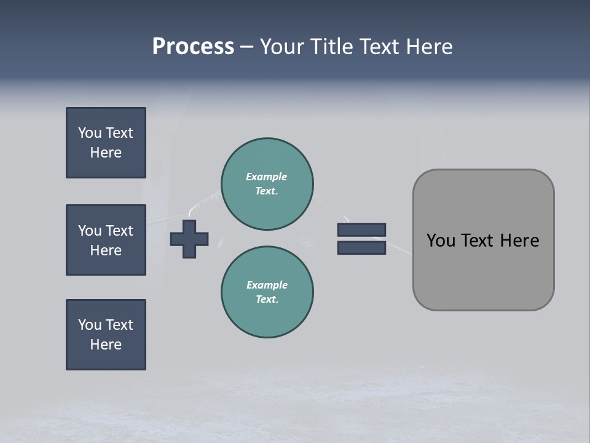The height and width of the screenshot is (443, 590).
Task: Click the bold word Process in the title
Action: (x=193, y=47)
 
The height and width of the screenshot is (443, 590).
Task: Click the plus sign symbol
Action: (x=189, y=239)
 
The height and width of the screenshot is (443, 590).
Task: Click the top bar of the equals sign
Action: (x=361, y=229)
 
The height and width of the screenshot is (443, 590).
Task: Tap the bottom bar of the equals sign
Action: (x=361, y=247)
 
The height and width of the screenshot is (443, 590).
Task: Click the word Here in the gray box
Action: (x=519, y=241)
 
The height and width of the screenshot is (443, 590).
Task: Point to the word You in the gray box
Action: (x=441, y=241)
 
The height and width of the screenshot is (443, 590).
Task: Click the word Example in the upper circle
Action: (x=266, y=177)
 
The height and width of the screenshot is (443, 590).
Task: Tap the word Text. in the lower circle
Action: (x=267, y=299)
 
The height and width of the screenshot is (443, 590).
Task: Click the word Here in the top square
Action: (x=106, y=153)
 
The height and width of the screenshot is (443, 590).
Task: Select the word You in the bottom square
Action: (x=90, y=325)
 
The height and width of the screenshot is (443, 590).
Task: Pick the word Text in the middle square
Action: (x=119, y=231)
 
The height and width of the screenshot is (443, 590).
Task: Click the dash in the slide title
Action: (x=246, y=47)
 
